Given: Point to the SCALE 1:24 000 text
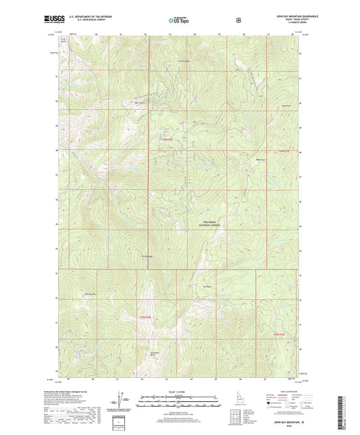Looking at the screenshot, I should point(180,392).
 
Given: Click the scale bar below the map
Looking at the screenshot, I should point(180,399).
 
